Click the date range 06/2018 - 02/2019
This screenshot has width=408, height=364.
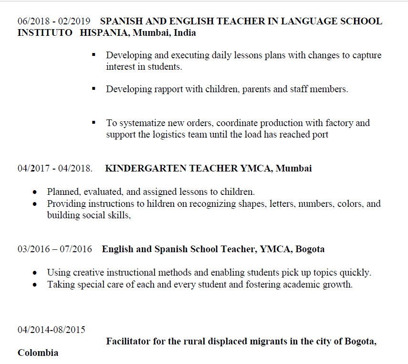(x=54, y=21)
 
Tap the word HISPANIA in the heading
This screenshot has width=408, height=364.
(x=104, y=33)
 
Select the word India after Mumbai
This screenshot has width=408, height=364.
(x=185, y=33)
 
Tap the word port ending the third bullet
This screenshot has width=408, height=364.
(x=319, y=135)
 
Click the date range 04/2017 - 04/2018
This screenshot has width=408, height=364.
(x=55, y=169)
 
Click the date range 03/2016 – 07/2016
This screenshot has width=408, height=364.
(x=55, y=249)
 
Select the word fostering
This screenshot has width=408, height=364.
(x=249, y=285)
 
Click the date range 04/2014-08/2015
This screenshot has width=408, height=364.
(x=52, y=330)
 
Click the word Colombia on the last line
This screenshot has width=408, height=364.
(x=38, y=353)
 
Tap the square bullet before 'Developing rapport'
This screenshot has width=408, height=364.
(x=94, y=89)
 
